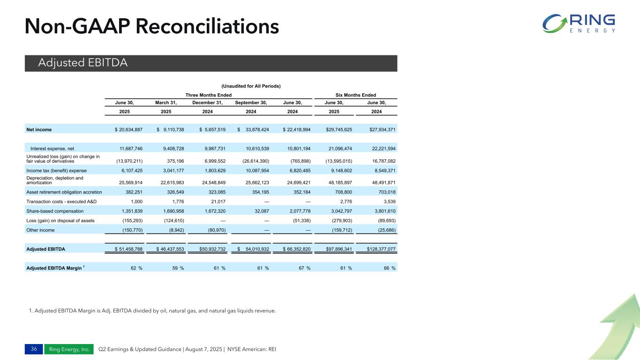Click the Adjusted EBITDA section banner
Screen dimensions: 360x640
(x=211, y=63)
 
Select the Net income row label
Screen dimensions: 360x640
(x=39, y=129)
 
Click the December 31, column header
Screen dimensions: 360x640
(x=208, y=103)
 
